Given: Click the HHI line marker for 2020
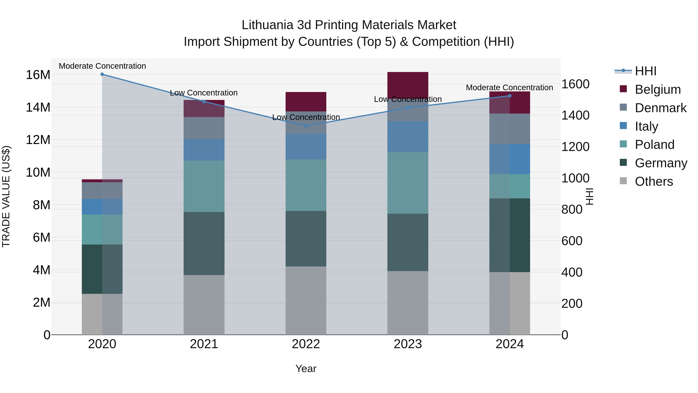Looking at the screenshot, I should [102, 74].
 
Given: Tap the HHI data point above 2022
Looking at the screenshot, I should [306, 126].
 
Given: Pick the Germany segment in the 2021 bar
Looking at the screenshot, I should [204, 243].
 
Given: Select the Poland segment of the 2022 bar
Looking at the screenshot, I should [306, 185].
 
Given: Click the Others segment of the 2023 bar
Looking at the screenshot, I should [408, 303].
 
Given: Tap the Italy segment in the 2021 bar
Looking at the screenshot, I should [204, 150].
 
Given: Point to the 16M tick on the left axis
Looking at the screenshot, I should [38, 75].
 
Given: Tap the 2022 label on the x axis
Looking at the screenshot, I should [306, 344].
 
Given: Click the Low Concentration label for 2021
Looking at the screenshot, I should [204, 93].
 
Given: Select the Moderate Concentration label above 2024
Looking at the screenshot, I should [509, 88].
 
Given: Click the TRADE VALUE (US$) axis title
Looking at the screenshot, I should [6, 196].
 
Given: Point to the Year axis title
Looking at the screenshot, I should [306, 369].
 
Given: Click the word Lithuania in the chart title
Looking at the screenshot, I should [267, 25].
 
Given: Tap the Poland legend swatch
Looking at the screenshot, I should [623, 144].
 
